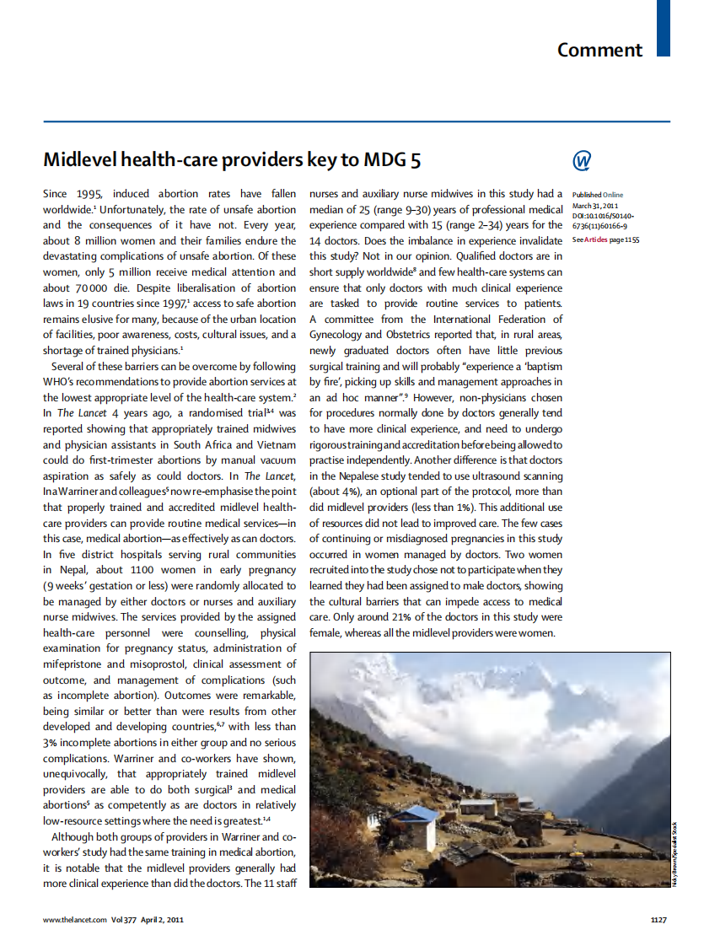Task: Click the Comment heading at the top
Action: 599,50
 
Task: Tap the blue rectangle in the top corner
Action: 664,28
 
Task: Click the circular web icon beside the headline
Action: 581,160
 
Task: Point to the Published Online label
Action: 598,195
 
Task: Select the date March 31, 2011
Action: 595,206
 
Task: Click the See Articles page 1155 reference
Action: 605,239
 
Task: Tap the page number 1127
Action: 658,920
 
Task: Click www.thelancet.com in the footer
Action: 75,920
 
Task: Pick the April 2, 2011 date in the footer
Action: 162,920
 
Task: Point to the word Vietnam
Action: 273,444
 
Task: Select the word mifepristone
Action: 73,664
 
